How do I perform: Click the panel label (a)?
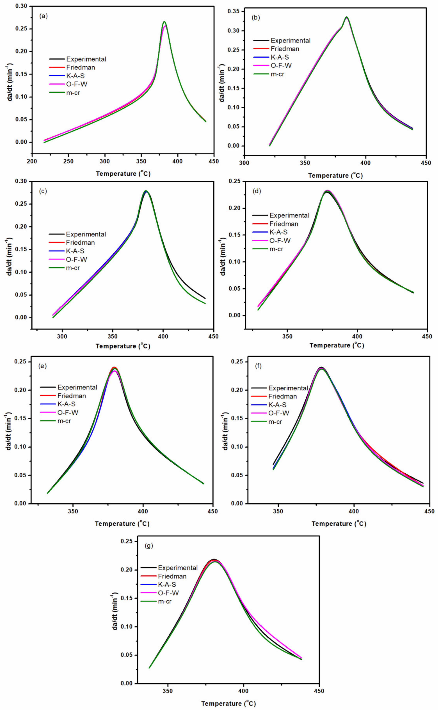pos(43,16)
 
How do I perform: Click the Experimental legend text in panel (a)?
pos(86,59)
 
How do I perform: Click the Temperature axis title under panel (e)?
pos(122,524)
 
